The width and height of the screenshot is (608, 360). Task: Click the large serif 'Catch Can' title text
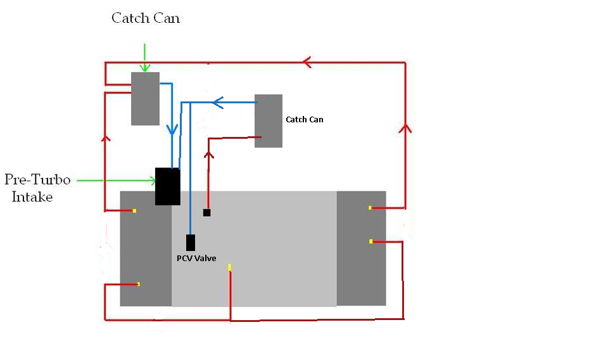click(146, 18)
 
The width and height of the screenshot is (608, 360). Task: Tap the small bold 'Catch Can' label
click(305, 120)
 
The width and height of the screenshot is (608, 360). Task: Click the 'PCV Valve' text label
click(196, 259)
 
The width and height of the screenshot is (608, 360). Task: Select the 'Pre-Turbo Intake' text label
click(37, 188)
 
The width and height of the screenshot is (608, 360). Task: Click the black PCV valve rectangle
click(191, 243)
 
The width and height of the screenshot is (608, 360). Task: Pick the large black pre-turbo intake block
click(167, 186)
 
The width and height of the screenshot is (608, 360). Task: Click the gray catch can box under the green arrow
click(145, 98)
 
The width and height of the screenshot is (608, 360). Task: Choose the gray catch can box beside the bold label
click(269, 120)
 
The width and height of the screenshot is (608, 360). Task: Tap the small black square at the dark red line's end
click(206, 212)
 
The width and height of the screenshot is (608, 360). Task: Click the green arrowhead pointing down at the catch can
click(144, 67)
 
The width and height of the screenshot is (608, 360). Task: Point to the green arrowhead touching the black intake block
click(152, 181)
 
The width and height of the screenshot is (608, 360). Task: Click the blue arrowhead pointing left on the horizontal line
click(218, 103)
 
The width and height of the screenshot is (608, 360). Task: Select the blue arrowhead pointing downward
click(172, 129)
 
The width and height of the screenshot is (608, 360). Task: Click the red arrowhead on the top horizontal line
click(307, 62)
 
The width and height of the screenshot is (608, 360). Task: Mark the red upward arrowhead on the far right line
click(405, 129)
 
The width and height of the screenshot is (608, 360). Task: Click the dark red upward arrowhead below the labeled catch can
click(209, 155)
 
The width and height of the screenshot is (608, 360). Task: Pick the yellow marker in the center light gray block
click(229, 267)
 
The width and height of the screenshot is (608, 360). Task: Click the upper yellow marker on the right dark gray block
click(370, 208)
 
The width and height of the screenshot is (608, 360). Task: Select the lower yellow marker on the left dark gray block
click(139, 285)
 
